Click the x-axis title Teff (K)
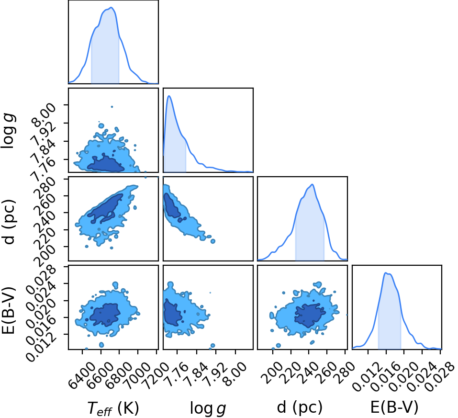(x=113, y=408)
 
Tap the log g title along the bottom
(x=208, y=408)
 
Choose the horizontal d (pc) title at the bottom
(x=300, y=407)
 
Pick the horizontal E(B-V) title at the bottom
(x=394, y=407)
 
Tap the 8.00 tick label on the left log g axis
(x=45, y=113)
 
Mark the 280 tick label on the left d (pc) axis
(x=45, y=187)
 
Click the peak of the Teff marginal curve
(x=112, y=8)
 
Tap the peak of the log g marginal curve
(x=169, y=96)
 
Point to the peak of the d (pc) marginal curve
(x=312, y=184)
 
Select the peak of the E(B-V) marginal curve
(x=386, y=273)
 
